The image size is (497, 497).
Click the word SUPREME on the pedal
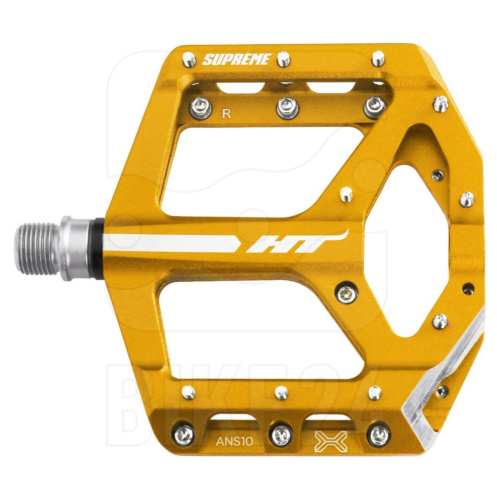pos(237,59)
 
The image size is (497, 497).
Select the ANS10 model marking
pos(234,441)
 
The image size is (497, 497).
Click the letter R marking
pos(226,114)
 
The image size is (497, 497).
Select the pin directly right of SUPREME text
pos(284,59)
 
